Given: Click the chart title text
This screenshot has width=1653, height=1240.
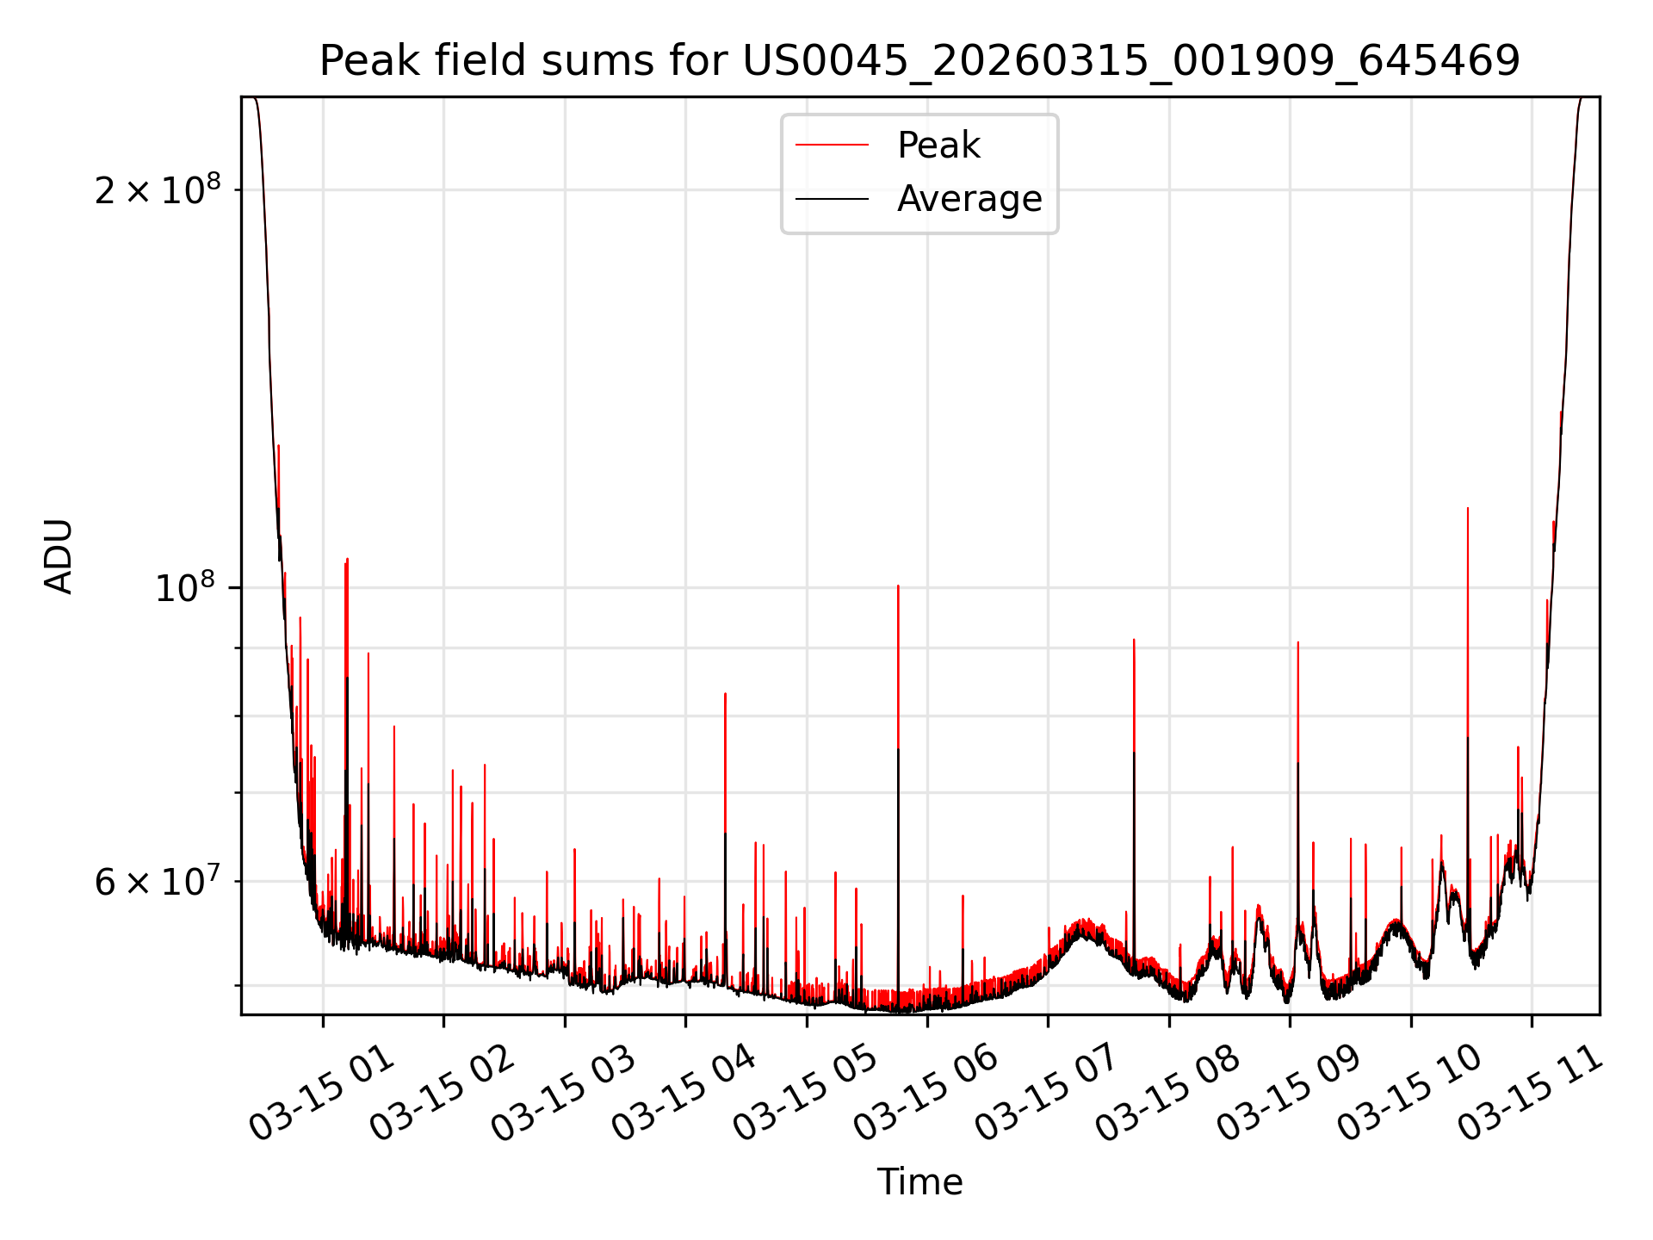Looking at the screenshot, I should coord(919,61).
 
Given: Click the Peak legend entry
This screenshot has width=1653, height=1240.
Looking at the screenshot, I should coord(938,146).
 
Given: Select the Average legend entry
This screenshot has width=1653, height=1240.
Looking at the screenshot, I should coord(969,199).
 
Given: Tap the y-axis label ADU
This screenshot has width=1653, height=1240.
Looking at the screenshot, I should coord(59,556).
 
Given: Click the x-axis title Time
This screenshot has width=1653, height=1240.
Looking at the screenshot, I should coord(919,1182).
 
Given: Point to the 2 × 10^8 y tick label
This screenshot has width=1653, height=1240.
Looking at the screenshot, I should coord(158,190).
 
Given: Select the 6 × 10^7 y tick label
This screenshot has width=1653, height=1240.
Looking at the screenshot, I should coord(158,882).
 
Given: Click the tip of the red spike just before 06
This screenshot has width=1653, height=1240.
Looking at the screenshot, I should coord(898,586).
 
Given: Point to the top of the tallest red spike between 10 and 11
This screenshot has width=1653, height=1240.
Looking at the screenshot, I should coord(1468,509).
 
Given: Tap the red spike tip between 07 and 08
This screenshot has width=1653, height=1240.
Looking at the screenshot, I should coord(1134,640).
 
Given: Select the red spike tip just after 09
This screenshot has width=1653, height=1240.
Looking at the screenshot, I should coord(1298,642).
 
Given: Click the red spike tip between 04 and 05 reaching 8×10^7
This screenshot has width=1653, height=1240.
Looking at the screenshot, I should coord(725,694).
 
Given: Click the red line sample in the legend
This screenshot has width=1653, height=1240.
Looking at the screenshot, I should coord(832,146).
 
